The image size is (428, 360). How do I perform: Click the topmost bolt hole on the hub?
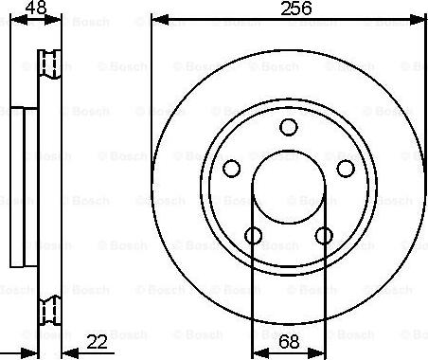pos(289,128)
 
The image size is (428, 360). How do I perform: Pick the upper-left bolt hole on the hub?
pos(230,169)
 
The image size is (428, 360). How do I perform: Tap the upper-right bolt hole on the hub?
pos(346,169)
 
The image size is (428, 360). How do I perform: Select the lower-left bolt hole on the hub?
pos(254,236)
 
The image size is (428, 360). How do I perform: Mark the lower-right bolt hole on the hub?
pos(324,236)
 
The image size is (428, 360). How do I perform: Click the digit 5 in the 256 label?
pos(289,9)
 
